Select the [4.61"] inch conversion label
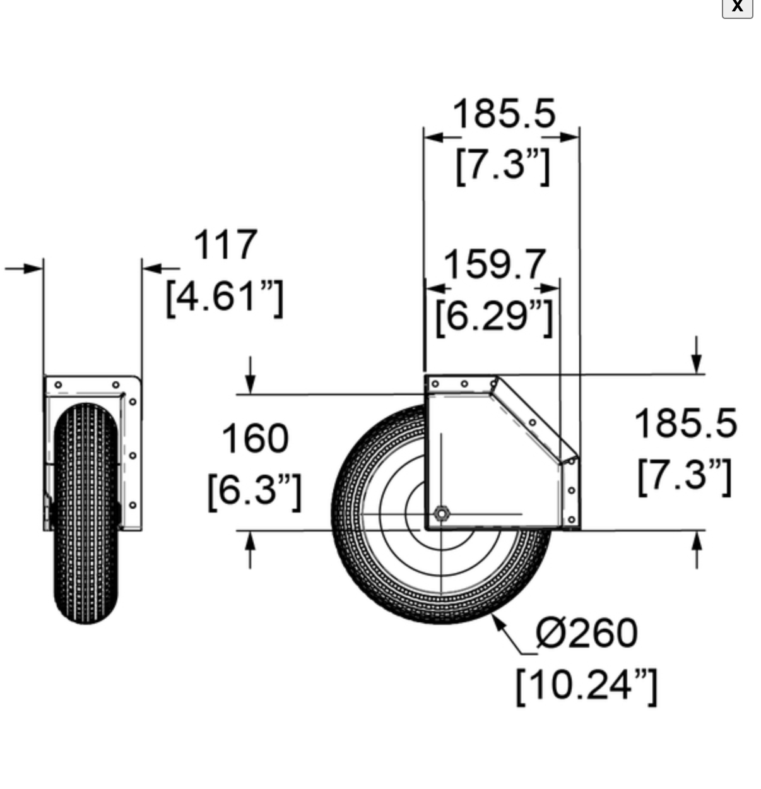coord(224,296)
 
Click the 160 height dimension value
coord(255,438)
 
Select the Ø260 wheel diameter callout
coord(586,633)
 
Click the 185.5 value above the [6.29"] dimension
coord(504,114)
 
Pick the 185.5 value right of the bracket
coord(685,423)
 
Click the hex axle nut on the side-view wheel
coord(441,513)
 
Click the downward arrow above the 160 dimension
coord(251,381)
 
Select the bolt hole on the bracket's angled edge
coord(532,422)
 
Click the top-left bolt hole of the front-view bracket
coord(58,384)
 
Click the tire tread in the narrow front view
coord(86,518)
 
